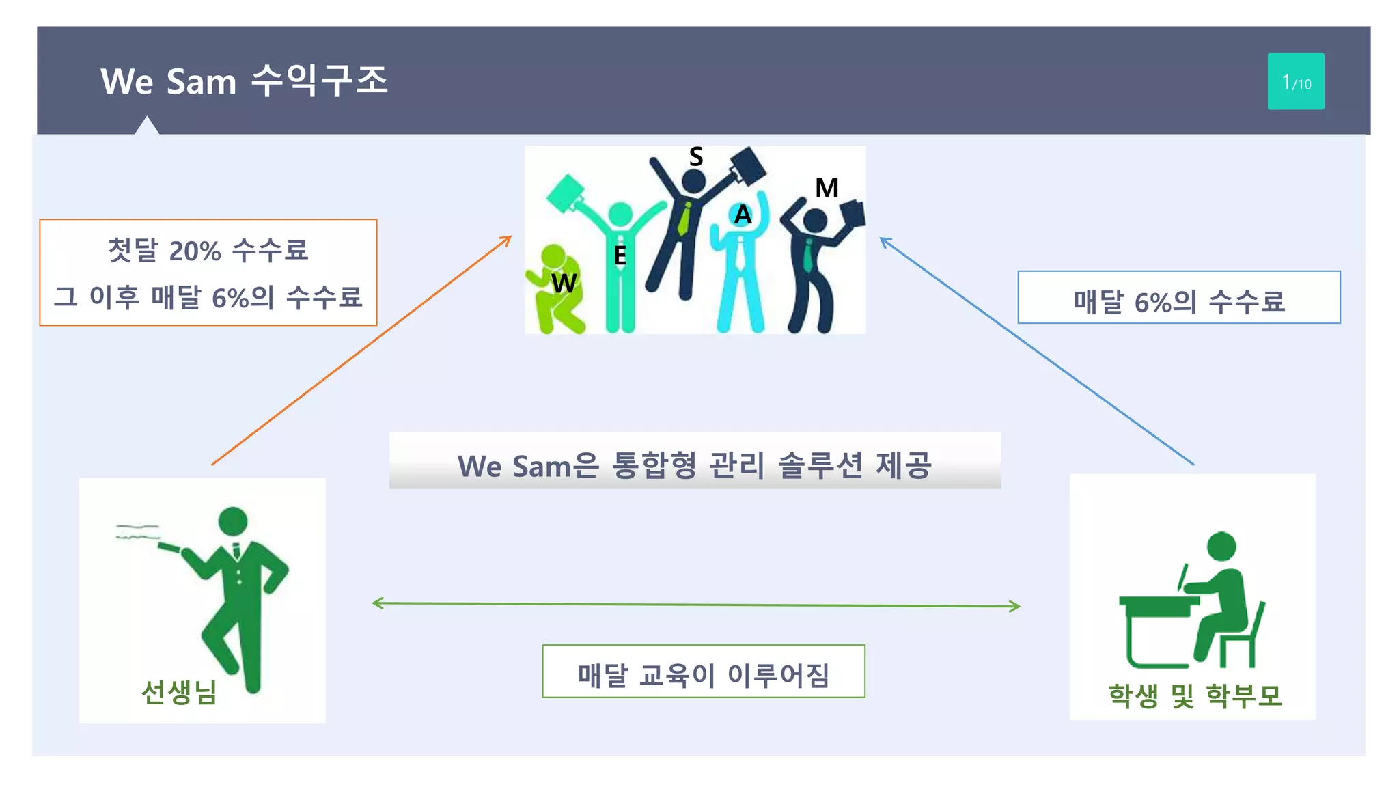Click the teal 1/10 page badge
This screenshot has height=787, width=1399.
[x=1295, y=81]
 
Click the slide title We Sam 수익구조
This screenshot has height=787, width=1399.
[x=244, y=81]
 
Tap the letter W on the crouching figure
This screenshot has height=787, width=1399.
[x=564, y=283]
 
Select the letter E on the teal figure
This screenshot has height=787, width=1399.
[x=620, y=256]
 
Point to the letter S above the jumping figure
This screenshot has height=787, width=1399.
[x=695, y=157]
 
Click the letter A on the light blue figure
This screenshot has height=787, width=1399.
[x=743, y=215]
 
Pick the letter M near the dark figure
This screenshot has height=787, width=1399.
[x=827, y=188]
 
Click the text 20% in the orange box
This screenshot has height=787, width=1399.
[x=195, y=251]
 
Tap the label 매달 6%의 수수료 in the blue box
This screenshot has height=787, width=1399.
[x=1178, y=301]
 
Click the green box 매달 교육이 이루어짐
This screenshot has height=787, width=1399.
[x=703, y=674]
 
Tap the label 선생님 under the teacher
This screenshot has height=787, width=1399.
[x=179, y=692]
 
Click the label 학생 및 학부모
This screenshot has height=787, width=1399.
[x=1195, y=695]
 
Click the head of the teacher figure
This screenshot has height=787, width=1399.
[x=233, y=521]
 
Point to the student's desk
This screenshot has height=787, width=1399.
[x=1158, y=605]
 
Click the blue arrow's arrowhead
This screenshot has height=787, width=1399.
[x=883, y=240]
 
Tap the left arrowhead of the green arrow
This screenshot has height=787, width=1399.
[x=375, y=603]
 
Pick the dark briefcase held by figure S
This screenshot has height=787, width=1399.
[x=748, y=166]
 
